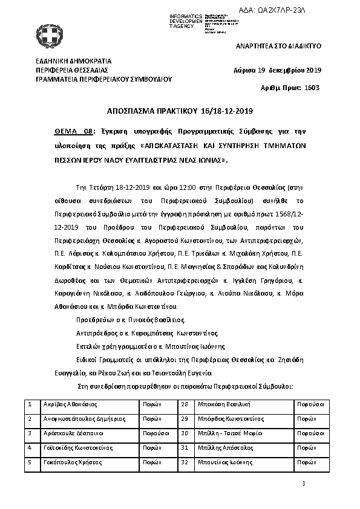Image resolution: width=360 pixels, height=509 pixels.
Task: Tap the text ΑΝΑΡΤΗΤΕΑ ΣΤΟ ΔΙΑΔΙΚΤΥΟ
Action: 278,46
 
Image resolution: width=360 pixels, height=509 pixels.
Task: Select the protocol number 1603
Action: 310,88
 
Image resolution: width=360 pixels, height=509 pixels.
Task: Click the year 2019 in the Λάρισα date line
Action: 310,70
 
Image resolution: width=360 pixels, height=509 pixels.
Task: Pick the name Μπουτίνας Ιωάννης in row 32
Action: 227,462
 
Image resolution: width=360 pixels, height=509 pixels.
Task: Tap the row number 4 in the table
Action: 30,447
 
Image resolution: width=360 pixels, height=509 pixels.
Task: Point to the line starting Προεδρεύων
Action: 130,319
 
